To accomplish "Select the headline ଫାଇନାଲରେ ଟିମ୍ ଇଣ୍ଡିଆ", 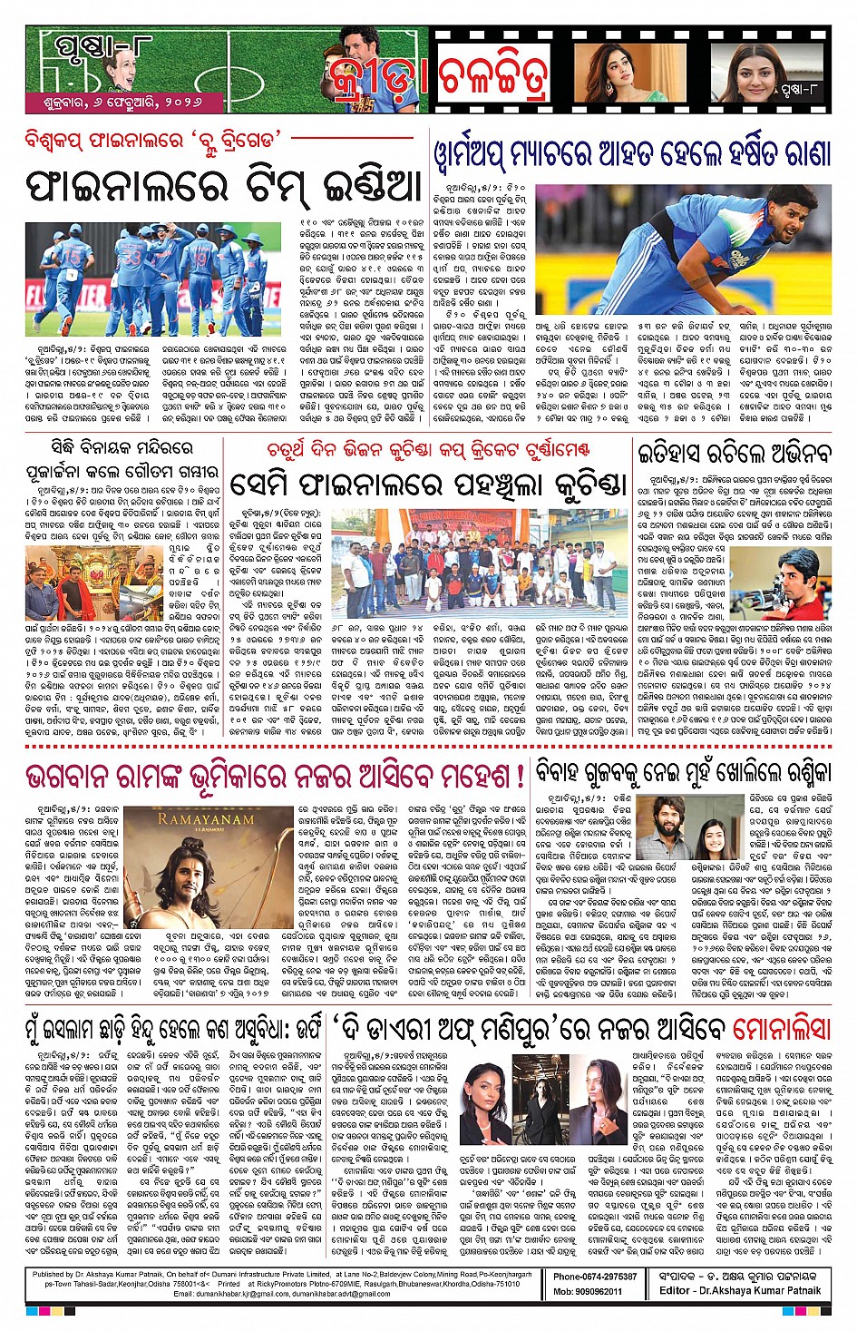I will (x=225, y=188).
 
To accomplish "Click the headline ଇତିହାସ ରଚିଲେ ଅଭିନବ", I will (x=734, y=453).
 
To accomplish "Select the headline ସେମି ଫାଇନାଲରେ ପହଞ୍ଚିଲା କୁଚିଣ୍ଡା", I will (x=428, y=484).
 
